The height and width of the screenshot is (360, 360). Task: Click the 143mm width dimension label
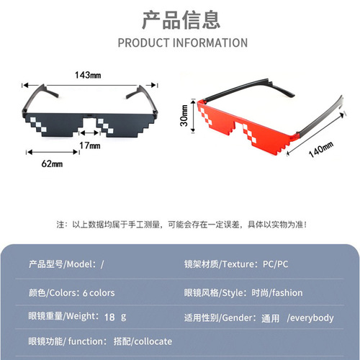[x=88, y=75]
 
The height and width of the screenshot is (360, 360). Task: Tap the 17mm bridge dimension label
[x=90, y=145]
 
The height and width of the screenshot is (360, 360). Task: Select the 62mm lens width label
[x=52, y=163]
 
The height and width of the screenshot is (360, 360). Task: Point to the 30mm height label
[x=184, y=115]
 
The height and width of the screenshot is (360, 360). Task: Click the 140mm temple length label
[x=321, y=149]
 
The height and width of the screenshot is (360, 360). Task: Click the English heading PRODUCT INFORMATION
[x=183, y=43]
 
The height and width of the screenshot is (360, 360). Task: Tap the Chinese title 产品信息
[x=181, y=20]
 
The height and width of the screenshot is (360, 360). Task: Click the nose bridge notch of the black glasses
[x=90, y=125]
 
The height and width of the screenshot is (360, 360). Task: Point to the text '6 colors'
[x=99, y=293]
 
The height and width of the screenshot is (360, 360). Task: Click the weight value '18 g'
[x=115, y=317]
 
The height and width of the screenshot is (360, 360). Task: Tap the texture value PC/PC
[x=275, y=264]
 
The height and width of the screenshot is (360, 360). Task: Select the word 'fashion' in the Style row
[x=287, y=293]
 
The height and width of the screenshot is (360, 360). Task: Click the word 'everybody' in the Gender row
[x=312, y=318]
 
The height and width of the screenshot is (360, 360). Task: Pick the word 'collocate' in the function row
[x=153, y=341]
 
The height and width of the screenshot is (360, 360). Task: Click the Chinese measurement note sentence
[x=181, y=225]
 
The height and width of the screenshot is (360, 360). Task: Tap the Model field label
[x=63, y=264]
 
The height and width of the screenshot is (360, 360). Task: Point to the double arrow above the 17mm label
[x=90, y=132]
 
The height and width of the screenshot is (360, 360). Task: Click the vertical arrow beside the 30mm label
[x=193, y=116]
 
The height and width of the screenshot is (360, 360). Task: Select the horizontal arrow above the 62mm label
[x=53, y=152]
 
